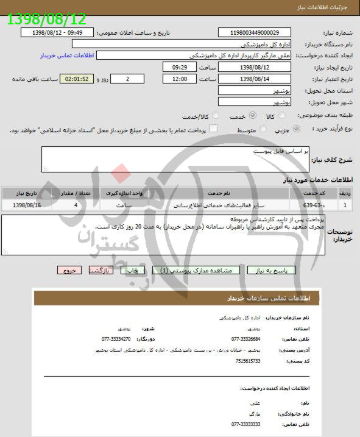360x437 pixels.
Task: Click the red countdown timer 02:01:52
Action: (x=79, y=79)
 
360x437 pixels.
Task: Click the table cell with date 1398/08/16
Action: (x=26, y=205)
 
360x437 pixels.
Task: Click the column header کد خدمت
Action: (x=315, y=193)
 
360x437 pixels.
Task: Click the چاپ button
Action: (x=133, y=270)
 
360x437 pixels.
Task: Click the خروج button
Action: (x=69, y=270)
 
